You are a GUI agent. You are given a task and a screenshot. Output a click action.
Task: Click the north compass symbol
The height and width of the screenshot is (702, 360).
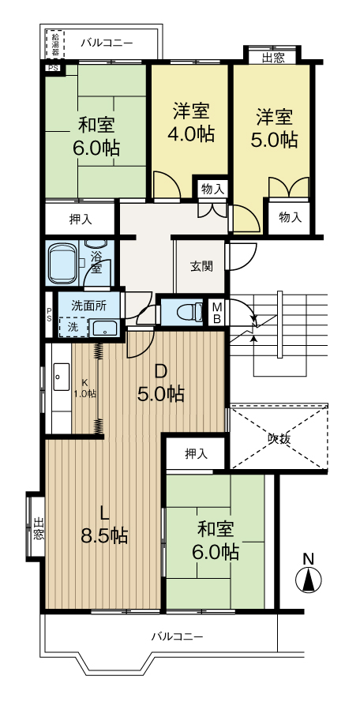point(309,574)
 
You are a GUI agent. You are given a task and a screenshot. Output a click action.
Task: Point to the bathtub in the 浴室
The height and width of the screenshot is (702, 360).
point(62,264)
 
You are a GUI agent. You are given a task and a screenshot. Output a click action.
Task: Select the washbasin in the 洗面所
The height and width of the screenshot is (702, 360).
point(105,329)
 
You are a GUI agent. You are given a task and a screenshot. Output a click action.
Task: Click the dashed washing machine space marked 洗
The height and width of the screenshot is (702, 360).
point(73,327)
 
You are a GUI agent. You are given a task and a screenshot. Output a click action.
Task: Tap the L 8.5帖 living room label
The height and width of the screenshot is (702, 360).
point(104,524)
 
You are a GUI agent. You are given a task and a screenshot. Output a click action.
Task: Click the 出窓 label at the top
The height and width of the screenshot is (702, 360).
point(272,58)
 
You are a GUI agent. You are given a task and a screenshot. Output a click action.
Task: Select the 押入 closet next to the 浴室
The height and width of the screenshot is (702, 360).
point(81,219)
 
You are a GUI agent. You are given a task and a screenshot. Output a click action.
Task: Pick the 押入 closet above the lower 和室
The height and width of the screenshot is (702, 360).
point(196,453)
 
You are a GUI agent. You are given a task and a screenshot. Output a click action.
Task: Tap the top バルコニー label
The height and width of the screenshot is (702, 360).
point(107,43)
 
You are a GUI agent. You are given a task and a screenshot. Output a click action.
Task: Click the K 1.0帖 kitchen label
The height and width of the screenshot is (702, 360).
point(84,389)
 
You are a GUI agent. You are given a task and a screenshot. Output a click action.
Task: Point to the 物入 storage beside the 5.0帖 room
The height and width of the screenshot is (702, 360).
point(290,218)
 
